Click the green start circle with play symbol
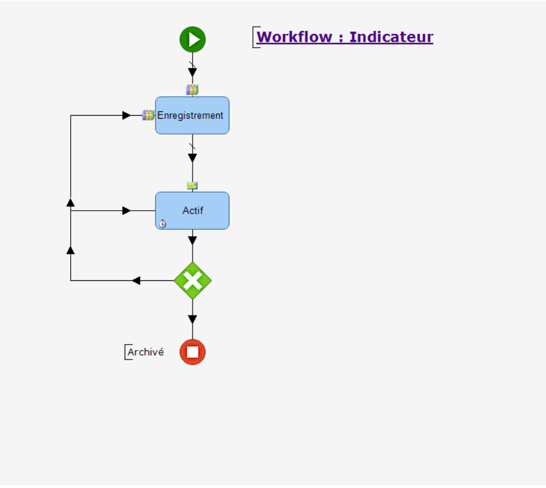(x=192, y=39)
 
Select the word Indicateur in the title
(x=391, y=37)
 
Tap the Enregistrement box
(x=192, y=115)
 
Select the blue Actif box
(x=192, y=211)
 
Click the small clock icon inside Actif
(x=162, y=223)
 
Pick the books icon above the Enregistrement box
(x=192, y=90)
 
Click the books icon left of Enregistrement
(x=148, y=115)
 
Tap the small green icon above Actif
(x=192, y=185)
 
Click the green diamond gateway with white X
(x=192, y=280)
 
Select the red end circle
(x=192, y=352)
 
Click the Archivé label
(x=145, y=352)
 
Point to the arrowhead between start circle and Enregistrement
(x=192, y=73)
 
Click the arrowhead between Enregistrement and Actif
(x=192, y=158)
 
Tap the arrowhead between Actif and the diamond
(x=192, y=240)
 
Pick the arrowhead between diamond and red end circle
(x=192, y=320)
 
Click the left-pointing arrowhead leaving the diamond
(x=136, y=280)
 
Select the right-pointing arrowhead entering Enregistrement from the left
(x=126, y=115)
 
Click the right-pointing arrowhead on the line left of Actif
(x=126, y=211)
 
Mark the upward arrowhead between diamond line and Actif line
(x=70, y=249)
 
